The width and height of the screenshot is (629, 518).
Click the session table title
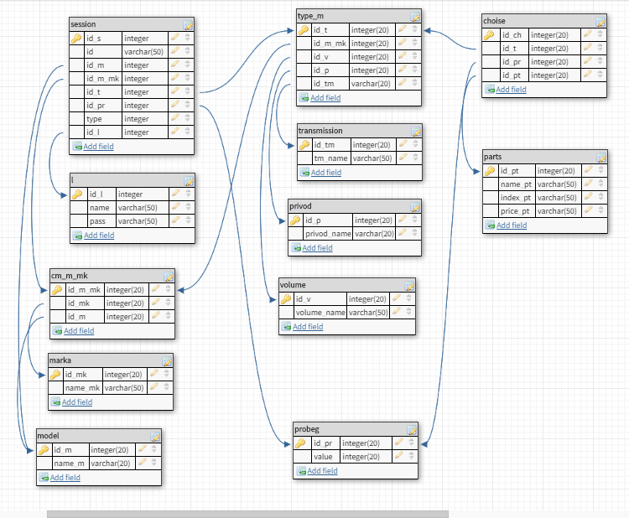coord(84,24)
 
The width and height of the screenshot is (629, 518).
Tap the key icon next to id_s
coord(76,39)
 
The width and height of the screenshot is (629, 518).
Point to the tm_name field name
coord(330,158)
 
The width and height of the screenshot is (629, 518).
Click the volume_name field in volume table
coord(320,313)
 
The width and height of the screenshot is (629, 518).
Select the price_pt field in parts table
coord(516,211)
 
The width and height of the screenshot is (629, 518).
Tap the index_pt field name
coord(516,198)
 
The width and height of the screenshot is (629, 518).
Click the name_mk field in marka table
coord(82,388)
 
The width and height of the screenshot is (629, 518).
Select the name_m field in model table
coord(69,464)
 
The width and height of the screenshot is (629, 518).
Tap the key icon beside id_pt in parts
coord(490,171)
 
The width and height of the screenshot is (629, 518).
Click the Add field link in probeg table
coord(322,471)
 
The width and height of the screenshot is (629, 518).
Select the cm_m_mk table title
coord(69,276)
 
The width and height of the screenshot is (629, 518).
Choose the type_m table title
coord(312,16)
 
